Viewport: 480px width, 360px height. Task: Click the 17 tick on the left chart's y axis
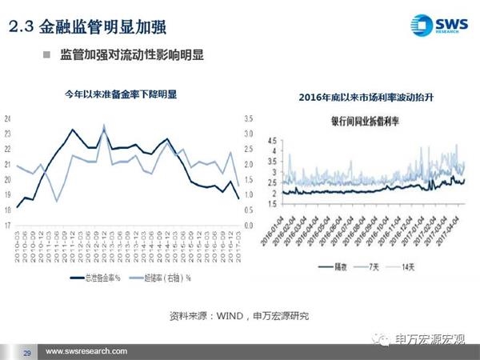click(x=8, y=226)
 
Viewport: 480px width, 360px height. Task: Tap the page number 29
click(x=26, y=353)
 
